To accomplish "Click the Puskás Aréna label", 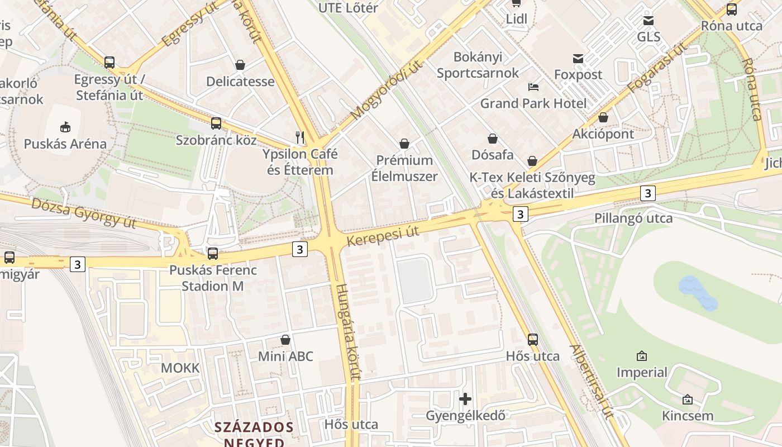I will pos(65,144).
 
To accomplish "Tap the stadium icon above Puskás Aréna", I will pos(65,127).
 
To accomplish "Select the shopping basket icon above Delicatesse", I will pos(240,65).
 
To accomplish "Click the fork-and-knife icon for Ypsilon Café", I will pos(300,136).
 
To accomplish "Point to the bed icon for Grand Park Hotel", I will pos(533,87).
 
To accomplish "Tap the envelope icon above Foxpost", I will pos(578,58).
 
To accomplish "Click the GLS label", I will pos(649,37).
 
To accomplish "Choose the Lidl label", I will pos(516,19).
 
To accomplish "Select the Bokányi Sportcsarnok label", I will pos(478,65).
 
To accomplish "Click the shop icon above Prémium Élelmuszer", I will pos(404,144).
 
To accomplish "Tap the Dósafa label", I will pos(492,154).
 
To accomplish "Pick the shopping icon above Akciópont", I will pos(603,117).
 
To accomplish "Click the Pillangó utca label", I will pos(633,218).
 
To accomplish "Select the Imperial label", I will pos(642,372).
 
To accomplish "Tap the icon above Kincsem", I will pos(688,399).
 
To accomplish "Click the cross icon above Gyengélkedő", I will pos(465,399).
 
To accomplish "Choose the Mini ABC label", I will pos(285,356).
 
